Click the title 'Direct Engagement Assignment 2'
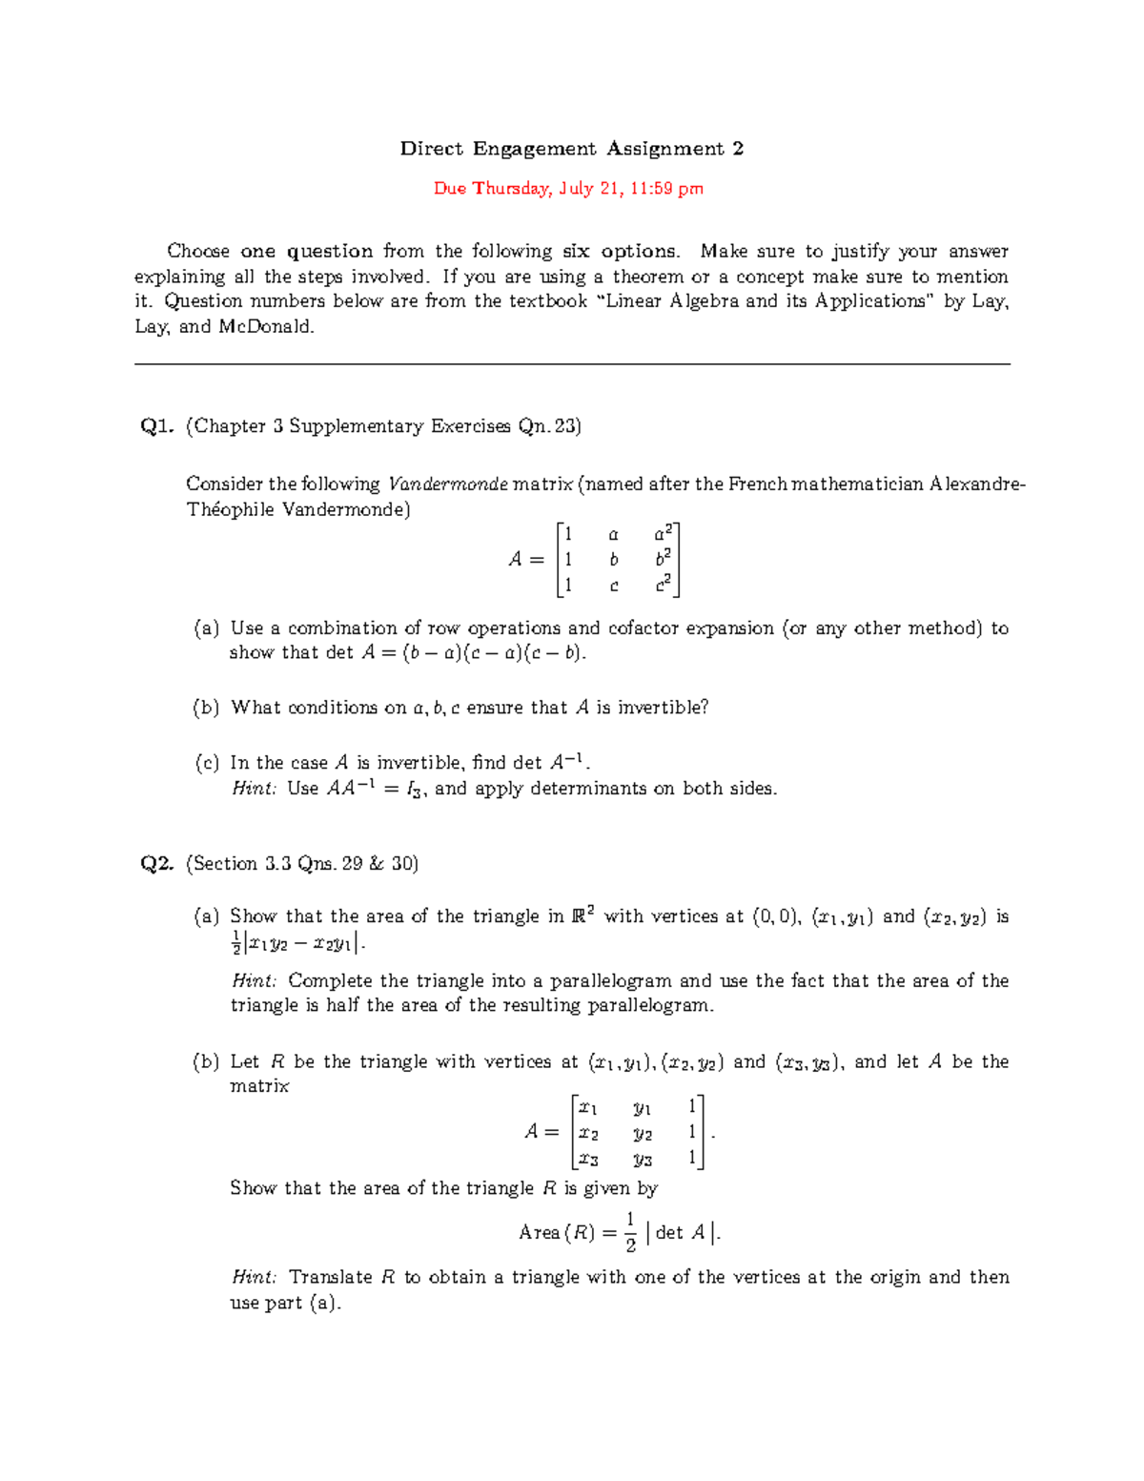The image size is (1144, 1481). pos(571,149)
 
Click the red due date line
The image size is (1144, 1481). pos(568,189)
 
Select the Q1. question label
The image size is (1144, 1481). pos(156,426)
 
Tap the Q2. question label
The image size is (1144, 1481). pos(156,864)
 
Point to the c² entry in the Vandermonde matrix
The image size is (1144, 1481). pos(664,585)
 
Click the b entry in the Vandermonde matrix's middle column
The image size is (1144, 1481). pos(614,560)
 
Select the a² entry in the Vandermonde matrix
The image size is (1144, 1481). pos(664,534)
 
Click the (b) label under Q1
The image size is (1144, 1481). pos(206,708)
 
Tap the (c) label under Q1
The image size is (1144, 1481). pos(206,763)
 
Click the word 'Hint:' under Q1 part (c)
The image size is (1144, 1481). pos(254,789)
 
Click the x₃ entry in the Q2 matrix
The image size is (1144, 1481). pos(588,1159)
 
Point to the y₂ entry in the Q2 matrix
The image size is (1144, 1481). pos(643,1134)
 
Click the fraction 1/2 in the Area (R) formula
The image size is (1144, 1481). pos(630,1232)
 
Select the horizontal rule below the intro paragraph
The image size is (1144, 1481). pos(572,364)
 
